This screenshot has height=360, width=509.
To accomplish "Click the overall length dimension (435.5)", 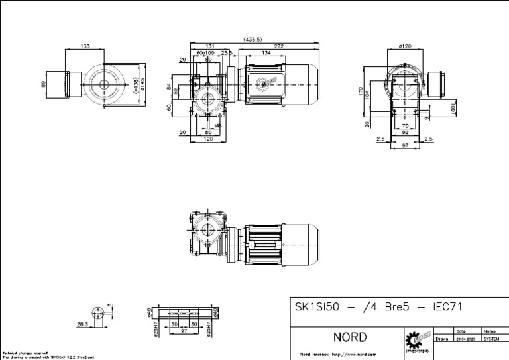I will tap(253, 39).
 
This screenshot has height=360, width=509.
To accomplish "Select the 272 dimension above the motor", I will tap(278, 46).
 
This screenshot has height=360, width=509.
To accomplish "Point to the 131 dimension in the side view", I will tap(209, 46).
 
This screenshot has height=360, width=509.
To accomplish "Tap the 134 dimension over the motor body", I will tap(265, 53).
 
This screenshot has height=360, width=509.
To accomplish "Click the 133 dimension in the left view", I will tap(85, 46).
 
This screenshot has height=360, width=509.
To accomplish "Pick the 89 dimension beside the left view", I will tap(44, 84).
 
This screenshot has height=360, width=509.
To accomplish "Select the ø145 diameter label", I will tap(143, 84).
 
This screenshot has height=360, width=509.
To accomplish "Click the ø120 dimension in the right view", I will tap(405, 46).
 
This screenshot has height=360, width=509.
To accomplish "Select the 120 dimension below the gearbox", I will tap(208, 140).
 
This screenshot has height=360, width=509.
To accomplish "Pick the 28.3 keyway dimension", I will tap(82, 325).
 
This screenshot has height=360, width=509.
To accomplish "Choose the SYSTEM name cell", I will tap(491, 338).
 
